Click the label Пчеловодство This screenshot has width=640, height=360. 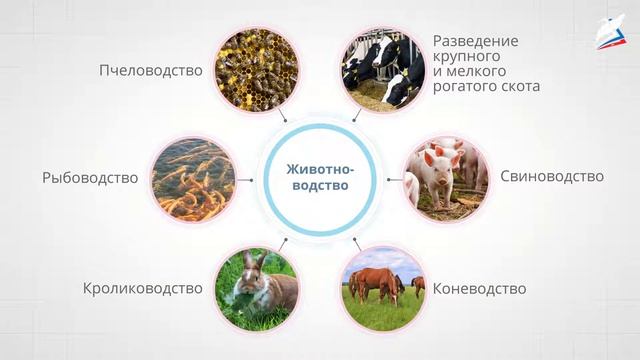[x=150, y=71]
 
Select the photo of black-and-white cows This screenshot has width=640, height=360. [x=381, y=70]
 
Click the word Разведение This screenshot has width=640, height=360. [x=476, y=41]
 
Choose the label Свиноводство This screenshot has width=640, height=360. [x=552, y=176]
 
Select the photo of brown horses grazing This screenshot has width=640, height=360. [x=383, y=288]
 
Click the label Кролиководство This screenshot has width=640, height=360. [x=142, y=289]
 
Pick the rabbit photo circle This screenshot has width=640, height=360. [x=256, y=288]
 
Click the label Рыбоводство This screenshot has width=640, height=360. [x=90, y=178]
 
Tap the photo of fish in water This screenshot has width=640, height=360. [x=192, y=178]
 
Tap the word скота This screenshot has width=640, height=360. [x=521, y=87]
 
